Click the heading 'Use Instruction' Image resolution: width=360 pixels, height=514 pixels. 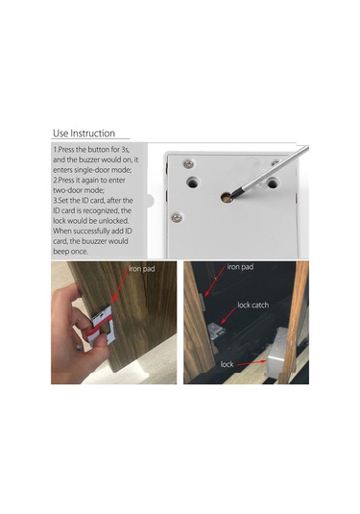point(84,134)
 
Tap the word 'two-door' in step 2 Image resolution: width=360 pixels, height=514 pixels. point(67,190)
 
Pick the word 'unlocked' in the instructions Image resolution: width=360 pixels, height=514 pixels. point(114,221)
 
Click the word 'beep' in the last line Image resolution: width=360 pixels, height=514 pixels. point(60,252)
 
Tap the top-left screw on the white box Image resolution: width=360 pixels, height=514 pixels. point(188,164)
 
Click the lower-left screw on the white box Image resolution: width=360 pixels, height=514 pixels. point(177,217)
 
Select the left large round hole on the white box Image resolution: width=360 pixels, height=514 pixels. point(193,183)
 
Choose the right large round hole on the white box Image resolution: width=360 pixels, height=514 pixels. point(273,183)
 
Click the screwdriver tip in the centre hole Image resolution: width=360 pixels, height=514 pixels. point(228,198)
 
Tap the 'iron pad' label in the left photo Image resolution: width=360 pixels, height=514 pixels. point(142,269)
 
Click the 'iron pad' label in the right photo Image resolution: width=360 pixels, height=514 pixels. point(240,267)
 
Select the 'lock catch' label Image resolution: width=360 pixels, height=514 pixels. point(253,306)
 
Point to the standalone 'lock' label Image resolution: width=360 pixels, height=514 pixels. point(227,364)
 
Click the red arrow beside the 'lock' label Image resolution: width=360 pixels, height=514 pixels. point(251,363)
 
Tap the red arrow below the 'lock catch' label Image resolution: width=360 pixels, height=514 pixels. point(228,316)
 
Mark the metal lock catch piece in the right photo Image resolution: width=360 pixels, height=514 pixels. point(216,331)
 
